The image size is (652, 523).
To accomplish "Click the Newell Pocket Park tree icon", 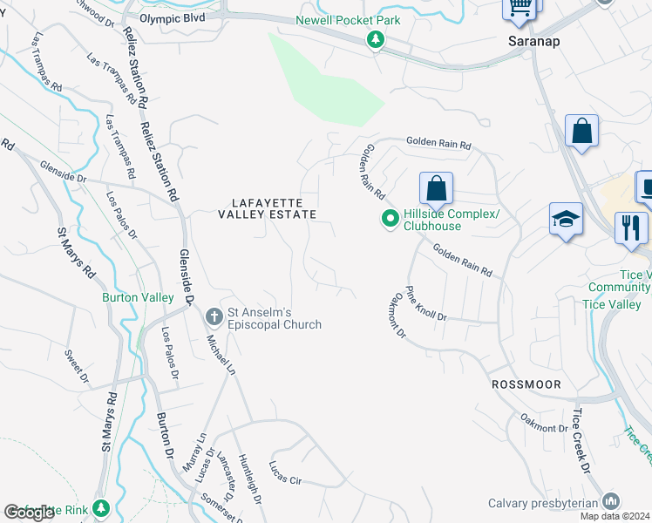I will click(376, 38).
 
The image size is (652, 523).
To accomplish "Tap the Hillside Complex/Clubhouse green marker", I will click(391, 218).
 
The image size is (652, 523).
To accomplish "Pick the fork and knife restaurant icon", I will click(630, 228).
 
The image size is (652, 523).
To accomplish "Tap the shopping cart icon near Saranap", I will click(520, 7).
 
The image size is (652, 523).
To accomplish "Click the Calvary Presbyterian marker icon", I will click(611, 501).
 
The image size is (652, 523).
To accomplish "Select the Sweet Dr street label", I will click(77, 365).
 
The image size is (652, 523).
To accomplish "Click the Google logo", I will click(31, 513).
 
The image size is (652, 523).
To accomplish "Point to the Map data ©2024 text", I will click(615, 516).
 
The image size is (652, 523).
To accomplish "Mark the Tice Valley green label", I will click(612, 304).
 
